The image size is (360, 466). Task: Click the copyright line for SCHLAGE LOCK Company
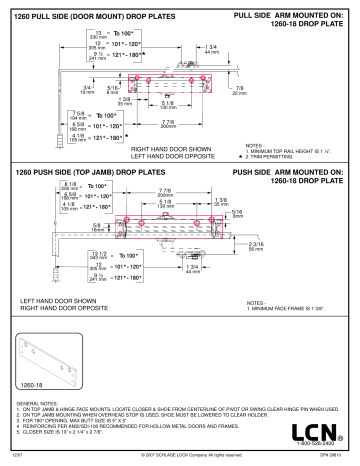pos(179,456)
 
